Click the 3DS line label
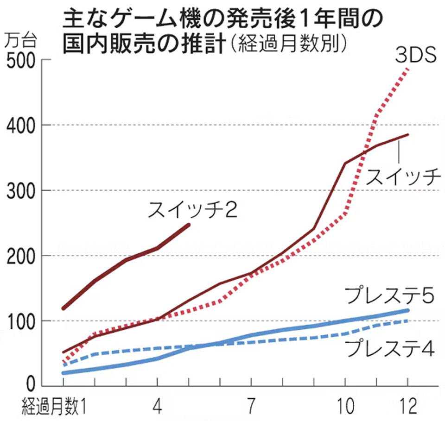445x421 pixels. (416, 56)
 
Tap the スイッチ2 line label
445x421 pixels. (193, 211)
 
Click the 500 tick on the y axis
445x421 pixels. (20, 61)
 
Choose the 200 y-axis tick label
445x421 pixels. (20, 256)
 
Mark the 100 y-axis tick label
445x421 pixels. (20, 320)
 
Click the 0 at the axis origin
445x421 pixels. (30, 384)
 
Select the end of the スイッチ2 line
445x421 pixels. (189, 225)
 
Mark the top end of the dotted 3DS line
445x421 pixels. (408, 68)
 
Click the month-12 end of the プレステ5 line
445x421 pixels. (407, 310)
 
